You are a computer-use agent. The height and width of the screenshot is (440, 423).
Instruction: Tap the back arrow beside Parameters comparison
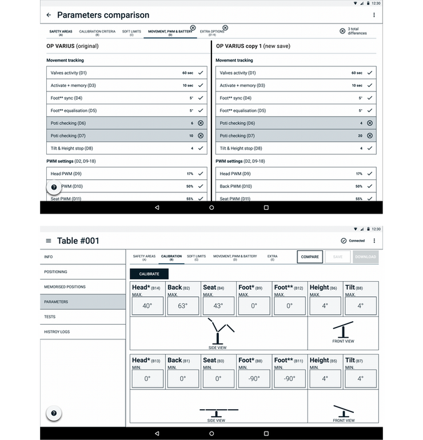click(49, 15)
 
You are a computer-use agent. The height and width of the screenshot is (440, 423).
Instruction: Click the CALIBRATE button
click(149, 274)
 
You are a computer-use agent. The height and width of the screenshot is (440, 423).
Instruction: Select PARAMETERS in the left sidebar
click(81, 302)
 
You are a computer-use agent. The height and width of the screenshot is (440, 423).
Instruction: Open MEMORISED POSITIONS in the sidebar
click(81, 287)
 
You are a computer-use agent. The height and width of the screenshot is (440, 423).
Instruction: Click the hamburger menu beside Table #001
click(49, 241)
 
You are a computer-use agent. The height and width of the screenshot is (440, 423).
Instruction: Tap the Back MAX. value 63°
click(182, 306)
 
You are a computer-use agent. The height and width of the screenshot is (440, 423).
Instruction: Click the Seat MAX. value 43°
click(218, 306)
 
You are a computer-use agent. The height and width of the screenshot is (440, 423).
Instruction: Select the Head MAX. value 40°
click(147, 306)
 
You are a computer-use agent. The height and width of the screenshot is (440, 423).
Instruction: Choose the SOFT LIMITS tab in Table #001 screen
click(196, 258)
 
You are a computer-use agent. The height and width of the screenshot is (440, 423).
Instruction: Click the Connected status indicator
click(353, 241)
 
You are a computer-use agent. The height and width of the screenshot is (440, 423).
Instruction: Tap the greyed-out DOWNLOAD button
click(365, 257)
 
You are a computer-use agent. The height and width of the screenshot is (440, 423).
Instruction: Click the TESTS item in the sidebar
click(81, 317)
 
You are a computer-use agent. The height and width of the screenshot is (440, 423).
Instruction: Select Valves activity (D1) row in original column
click(126, 73)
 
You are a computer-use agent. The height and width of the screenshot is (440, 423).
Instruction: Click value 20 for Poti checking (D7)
click(360, 136)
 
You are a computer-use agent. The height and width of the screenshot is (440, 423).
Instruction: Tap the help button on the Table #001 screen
click(54, 413)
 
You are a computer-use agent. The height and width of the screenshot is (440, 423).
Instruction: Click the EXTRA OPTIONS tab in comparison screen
click(212, 32)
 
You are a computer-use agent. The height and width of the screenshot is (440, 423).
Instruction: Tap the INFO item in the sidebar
click(81, 257)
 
